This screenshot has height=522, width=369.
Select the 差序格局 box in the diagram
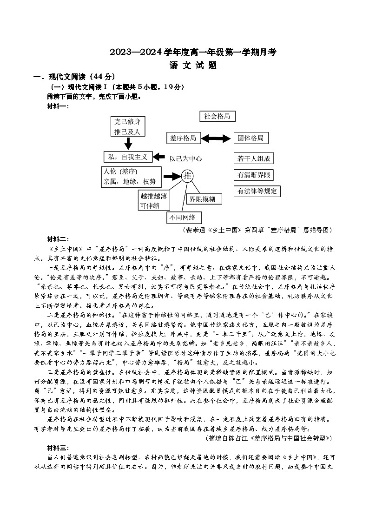[183, 138]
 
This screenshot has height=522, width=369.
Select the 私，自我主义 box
[127, 157]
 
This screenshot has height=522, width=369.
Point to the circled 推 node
[187, 176]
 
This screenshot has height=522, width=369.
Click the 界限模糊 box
[204, 199]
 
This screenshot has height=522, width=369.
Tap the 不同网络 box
[185, 217]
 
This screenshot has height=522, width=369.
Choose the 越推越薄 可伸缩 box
[154, 200]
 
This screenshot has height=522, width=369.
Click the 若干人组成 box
[253, 159]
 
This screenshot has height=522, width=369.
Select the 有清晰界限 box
[254, 175]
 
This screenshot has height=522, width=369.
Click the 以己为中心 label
[185, 158]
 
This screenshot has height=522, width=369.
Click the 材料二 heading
[58, 239]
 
